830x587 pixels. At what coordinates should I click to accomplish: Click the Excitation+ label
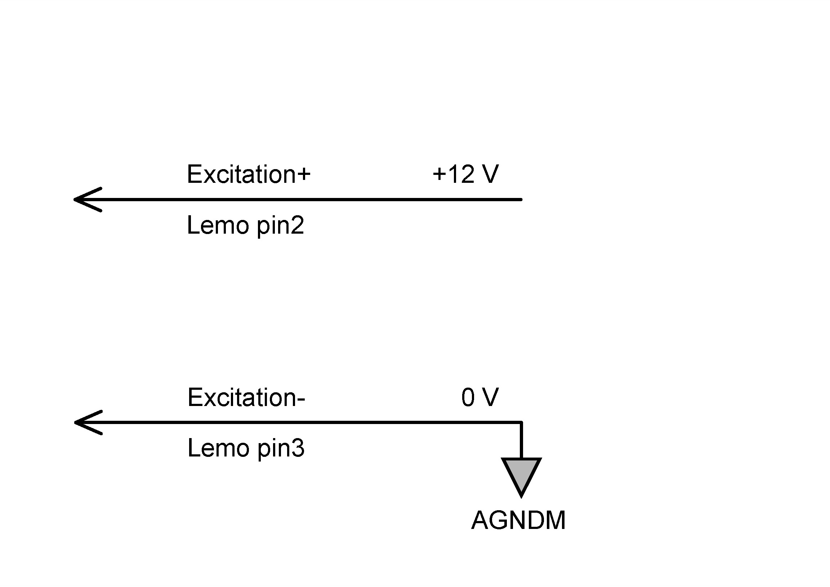pyautogui.click(x=248, y=175)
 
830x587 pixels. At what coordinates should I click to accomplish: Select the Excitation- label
pyautogui.click(x=246, y=397)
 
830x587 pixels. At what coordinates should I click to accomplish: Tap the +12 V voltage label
pyautogui.click(x=465, y=175)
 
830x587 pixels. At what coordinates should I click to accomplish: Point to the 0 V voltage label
pyautogui.click(x=480, y=397)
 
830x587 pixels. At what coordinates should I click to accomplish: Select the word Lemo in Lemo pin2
pyautogui.click(x=218, y=225)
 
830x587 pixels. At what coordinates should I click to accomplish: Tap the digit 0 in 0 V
pyautogui.click(x=468, y=397)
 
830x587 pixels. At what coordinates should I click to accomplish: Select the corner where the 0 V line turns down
pyautogui.click(x=521, y=422)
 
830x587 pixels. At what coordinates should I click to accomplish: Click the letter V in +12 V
pyautogui.click(x=490, y=175)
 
